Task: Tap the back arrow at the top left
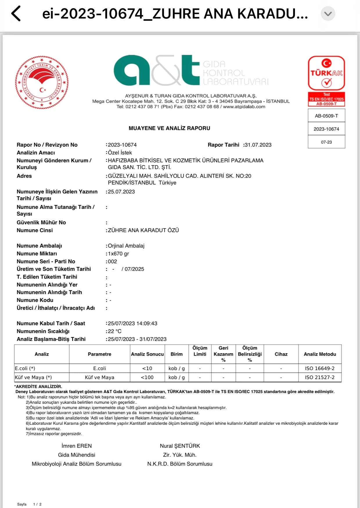(16, 14)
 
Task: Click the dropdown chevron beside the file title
(328, 14)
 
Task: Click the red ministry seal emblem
(42, 82)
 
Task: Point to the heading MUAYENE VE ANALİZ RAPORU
(169, 128)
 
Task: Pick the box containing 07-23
(326, 142)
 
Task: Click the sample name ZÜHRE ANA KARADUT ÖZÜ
(143, 230)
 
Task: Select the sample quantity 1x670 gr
(118, 253)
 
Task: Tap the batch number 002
(113, 261)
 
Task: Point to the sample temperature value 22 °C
(115, 331)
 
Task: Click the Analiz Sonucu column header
(147, 354)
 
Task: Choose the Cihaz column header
(281, 354)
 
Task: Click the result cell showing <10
(147, 368)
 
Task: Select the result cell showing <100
(147, 377)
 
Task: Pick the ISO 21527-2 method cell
(320, 377)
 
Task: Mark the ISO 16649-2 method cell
(320, 368)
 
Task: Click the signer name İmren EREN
(77, 446)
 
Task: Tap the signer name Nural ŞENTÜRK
(180, 446)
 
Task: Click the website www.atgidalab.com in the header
(244, 107)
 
